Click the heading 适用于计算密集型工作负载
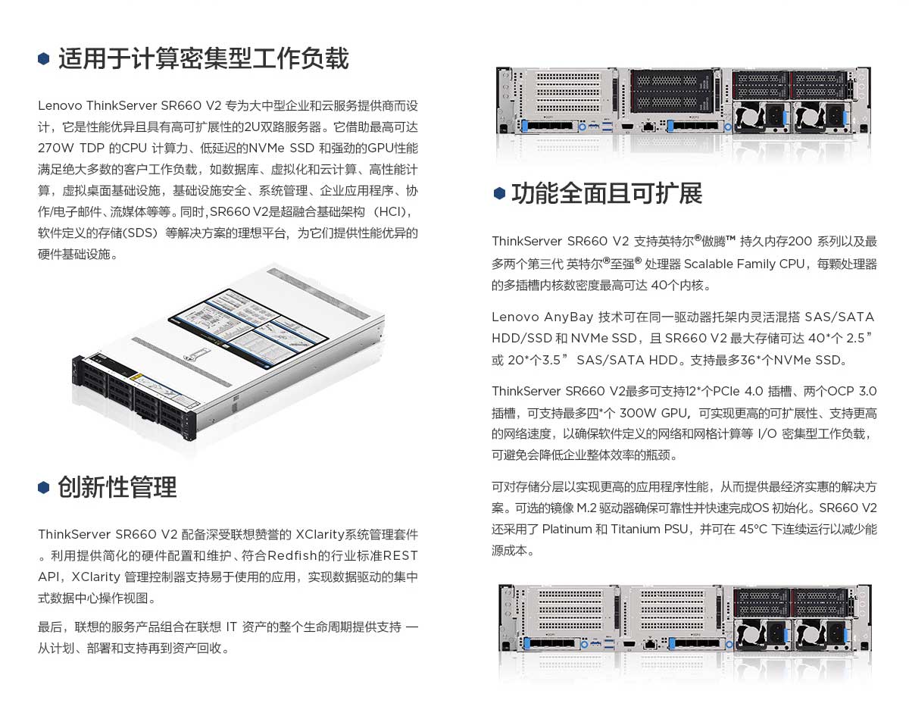203,58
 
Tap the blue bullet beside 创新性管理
43,488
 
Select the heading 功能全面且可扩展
607,193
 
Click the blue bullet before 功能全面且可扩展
499,193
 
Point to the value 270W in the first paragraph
56,148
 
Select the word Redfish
292,555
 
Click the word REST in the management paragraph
400,555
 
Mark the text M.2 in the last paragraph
586,508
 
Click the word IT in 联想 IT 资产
231,627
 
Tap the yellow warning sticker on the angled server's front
139,377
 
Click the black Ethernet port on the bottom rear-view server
649,644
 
